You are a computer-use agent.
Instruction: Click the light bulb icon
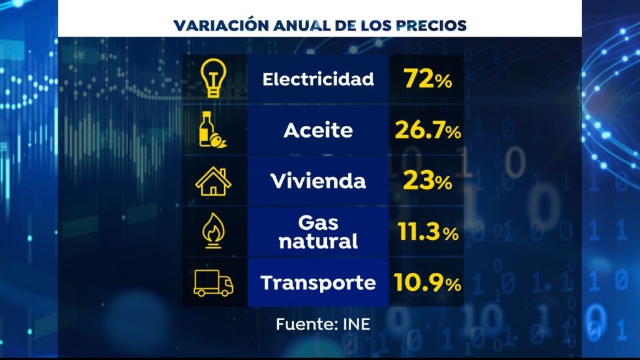pos(214,79)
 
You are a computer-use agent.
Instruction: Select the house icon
pos(213,181)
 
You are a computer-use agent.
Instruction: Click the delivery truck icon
pos(214,283)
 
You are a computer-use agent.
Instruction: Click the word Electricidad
pos(318,79)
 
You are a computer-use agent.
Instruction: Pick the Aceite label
pos(318,131)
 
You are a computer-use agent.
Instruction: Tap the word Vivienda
pos(318,182)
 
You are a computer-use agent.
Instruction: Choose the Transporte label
pos(318,283)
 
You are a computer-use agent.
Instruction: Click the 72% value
pos(427,79)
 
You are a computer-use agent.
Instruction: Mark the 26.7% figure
pos(427,131)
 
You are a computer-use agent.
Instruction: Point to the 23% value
pos(427,182)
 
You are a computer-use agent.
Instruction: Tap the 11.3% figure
pos(427,233)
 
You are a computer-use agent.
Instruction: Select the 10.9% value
pos(427,283)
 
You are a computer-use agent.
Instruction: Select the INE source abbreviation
pos(355,324)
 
